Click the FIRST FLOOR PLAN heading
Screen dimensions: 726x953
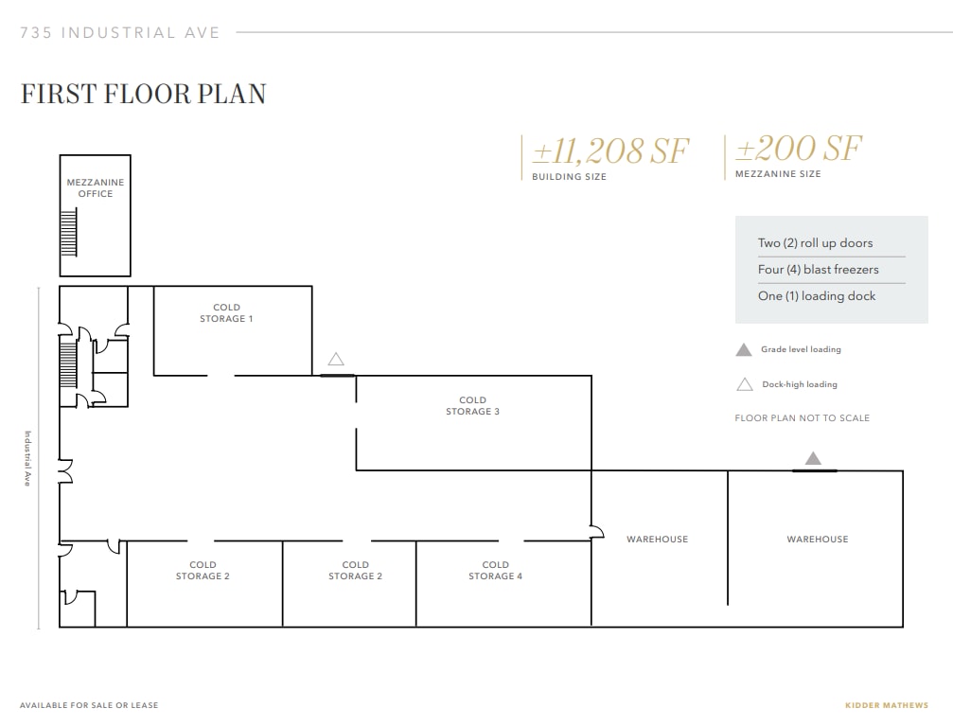pyautogui.click(x=143, y=94)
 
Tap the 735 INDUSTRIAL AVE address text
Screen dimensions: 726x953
pyautogui.click(x=120, y=33)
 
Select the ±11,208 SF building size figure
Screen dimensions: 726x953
pyautogui.click(x=610, y=151)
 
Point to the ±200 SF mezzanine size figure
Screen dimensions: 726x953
pyautogui.click(x=799, y=149)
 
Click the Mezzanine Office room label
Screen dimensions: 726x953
pyautogui.click(x=95, y=187)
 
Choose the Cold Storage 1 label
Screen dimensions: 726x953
pyautogui.click(x=226, y=313)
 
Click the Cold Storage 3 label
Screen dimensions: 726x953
pyautogui.click(x=472, y=406)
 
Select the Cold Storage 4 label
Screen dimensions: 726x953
pyautogui.click(x=495, y=571)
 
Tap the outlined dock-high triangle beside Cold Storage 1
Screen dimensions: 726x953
pyautogui.click(x=336, y=360)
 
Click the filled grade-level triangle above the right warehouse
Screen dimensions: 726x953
pyautogui.click(x=813, y=459)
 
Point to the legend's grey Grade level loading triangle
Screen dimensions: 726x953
pyautogui.click(x=744, y=350)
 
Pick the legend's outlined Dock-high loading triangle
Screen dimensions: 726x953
pyautogui.click(x=744, y=384)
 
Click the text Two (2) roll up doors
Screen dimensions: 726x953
pyautogui.click(x=815, y=243)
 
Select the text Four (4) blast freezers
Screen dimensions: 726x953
pyautogui.click(x=818, y=270)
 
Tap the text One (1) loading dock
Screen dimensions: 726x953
pyautogui.click(x=816, y=296)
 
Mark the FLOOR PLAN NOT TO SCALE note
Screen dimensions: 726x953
pyautogui.click(x=802, y=418)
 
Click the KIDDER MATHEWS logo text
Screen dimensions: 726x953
pyautogui.click(x=886, y=705)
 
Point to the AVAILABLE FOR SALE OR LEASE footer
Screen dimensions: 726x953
pyautogui.click(x=89, y=705)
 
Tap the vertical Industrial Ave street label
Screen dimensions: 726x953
pyautogui.click(x=28, y=459)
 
